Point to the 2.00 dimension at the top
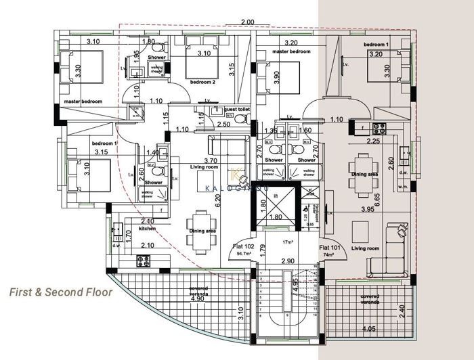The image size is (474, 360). [x=247, y=22]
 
